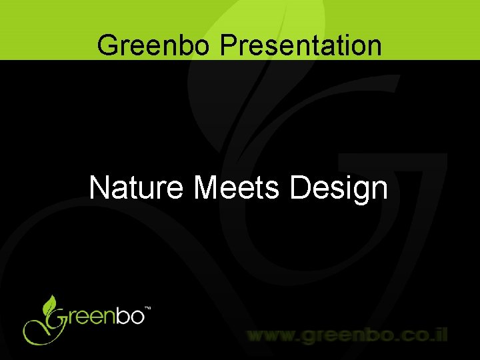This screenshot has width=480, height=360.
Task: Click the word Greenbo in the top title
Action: (x=154, y=45)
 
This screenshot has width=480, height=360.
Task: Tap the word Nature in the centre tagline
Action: (x=137, y=188)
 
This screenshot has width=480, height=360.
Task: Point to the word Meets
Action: (x=238, y=188)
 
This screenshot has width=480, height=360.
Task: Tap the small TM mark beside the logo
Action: (x=148, y=309)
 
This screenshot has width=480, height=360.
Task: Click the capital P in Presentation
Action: (x=228, y=45)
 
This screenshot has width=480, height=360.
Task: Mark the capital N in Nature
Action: (x=99, y=188)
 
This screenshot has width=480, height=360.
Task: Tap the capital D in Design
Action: (x=300, y=188)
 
